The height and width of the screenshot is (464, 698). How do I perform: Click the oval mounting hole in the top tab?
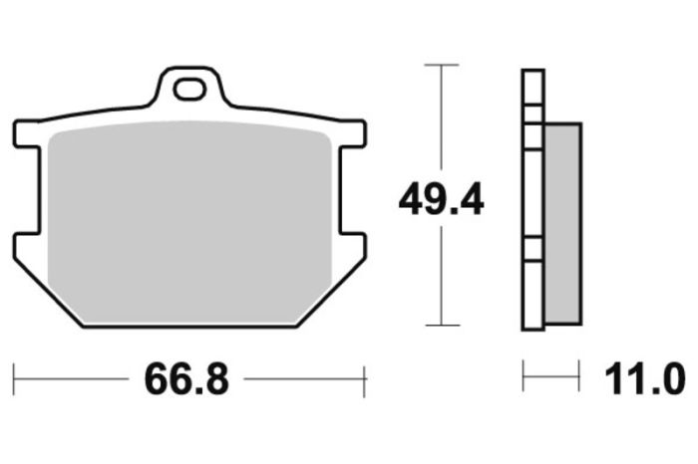coord(188,90)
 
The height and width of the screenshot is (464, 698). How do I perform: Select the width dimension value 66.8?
coord(186,379)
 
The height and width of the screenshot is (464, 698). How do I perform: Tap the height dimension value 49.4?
coord(441,199)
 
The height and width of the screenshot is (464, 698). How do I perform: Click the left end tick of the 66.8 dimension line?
coord(14,379)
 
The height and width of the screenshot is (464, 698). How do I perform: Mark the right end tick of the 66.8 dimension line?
coord(365,379)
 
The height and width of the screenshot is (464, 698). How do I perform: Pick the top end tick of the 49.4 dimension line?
coord(441,65)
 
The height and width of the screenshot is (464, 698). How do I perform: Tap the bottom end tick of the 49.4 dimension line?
coord(441,325)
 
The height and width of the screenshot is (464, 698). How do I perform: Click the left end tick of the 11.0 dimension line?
coord(524,377)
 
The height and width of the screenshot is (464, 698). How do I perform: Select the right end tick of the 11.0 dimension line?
coord(579,377)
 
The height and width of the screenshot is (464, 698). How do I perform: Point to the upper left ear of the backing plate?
coord(28,132)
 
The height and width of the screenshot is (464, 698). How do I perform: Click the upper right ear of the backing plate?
coord(352,132)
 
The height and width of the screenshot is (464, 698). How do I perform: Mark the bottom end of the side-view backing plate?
coord(533,326)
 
